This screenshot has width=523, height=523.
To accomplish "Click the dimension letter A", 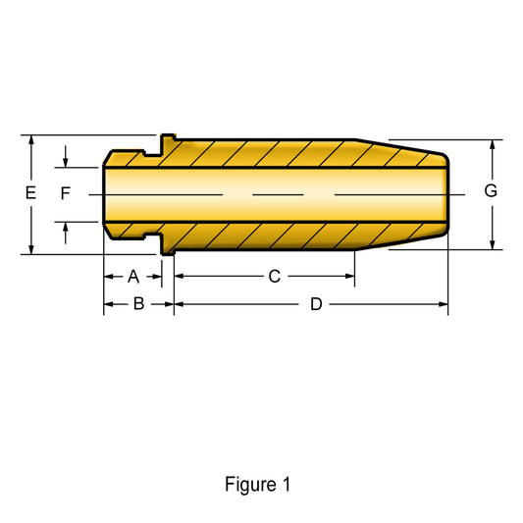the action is pos(133,277).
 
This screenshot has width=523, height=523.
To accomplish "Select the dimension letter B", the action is pos(138,304).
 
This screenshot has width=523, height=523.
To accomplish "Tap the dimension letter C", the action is pos(275,276).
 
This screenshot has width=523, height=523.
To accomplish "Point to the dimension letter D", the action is pos(316,304).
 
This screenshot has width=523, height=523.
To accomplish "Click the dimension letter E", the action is pos(30,192).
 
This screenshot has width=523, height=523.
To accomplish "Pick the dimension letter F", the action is pos(66,193).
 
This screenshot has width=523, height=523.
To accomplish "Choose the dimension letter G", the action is pos(491,190).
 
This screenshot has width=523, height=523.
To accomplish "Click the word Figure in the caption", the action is pos(250,485).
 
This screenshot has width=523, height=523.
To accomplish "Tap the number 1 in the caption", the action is pos(287,485).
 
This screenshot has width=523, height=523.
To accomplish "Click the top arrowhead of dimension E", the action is pos(31,139).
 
